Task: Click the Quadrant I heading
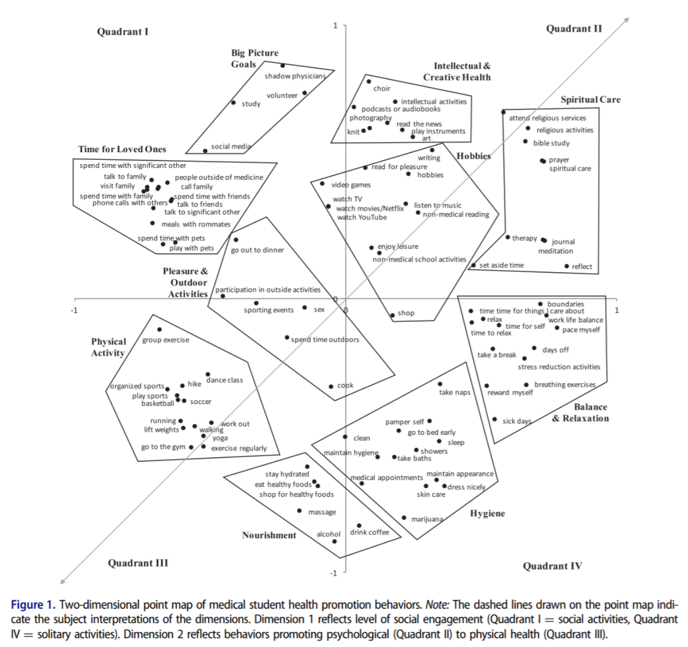[123, 31]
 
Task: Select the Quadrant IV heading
[552, 566]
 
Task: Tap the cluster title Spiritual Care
[590, 99]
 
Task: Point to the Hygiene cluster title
[487, 513]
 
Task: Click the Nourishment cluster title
[269, 535]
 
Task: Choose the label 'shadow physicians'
[295, 76]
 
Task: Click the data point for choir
[369, 82]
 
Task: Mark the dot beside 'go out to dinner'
[236, 240]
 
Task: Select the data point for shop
[393, 315]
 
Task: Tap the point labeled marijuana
[404, 518]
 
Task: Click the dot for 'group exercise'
[159, 329]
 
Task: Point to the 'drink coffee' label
[369, 532]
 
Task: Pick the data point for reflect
[566, 266]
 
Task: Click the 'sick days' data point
[495, 419]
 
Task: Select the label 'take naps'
[455, 392]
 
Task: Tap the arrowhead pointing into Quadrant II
[627, 19]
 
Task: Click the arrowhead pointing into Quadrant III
[63, 581]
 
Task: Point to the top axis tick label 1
[335, 25]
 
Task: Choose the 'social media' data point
[205, 151]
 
